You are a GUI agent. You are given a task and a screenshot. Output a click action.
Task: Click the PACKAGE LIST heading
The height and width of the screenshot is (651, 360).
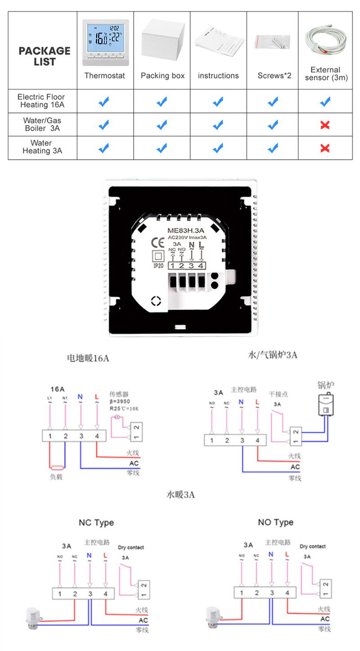[44, 56]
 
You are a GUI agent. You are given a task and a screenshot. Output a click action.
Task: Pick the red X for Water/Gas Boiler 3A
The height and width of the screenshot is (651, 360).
[325, 125]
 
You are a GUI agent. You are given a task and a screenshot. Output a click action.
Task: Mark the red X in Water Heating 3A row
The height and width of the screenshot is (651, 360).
[325, 148]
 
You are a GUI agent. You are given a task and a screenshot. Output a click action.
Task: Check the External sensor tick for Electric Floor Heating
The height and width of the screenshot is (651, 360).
[325, 101]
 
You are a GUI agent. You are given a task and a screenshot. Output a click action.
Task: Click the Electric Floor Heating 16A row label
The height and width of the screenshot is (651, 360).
[41, 101]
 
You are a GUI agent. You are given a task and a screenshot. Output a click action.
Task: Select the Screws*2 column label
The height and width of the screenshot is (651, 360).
[274, 76]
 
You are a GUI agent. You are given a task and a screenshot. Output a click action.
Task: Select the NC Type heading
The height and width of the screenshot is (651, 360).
[96, 523]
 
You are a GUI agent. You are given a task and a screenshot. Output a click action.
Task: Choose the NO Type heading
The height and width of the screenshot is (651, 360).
[275, 522]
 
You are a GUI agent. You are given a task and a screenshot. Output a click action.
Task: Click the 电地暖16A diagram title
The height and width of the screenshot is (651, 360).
[88, 358]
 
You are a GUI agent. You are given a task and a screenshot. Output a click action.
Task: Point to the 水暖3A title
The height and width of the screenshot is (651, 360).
[180, 495]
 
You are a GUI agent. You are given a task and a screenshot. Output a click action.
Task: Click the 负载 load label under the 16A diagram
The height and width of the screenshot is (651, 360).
[56, 477]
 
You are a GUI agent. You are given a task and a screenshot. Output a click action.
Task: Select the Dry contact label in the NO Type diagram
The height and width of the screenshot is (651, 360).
[312, 546]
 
